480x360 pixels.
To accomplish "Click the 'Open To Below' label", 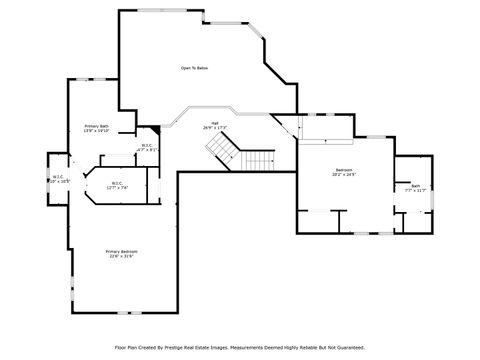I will pyautogui.click(x=194, y=68).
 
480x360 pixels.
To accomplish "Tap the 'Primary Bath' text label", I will pyautogui.click(x=96, y=125).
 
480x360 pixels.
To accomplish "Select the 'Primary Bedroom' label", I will pyautogui.click(x=123, y=251).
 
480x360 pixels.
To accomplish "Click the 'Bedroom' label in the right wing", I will pyautogui.click(x=343, y=170).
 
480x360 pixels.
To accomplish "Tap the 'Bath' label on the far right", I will pyautogui.click(x=415, y=186).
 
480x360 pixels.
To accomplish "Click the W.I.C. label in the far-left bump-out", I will pyautogui.click(x=57, y=176).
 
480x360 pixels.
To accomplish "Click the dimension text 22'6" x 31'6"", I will pyautogui.click(x=123, y=256).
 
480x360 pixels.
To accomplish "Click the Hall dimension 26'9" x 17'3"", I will pyautogui.click(x=215, y=129).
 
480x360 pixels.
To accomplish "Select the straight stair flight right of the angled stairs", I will pyautogui.click(x=259, y=162).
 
